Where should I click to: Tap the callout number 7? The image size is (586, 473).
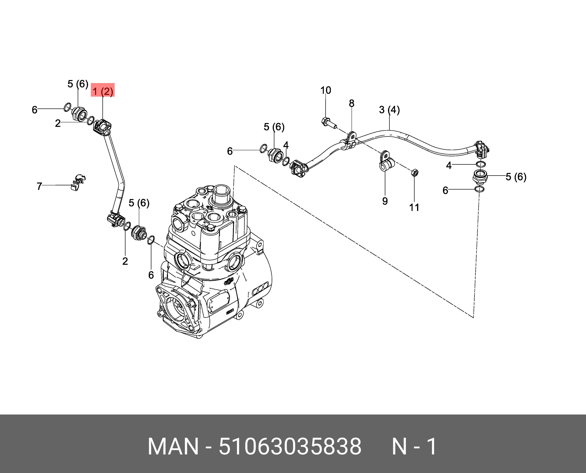coord(39,186)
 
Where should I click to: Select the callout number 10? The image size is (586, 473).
coord(325,90)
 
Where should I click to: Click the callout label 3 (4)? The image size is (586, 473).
coord(389,110)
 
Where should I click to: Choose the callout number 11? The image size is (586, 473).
coord(414,207)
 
